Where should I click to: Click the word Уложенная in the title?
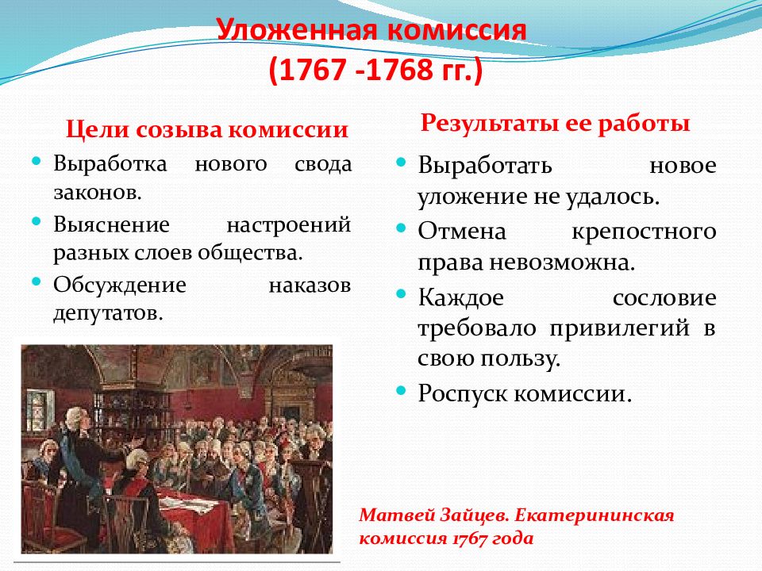(296, 30)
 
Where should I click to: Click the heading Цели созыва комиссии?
(207, 129)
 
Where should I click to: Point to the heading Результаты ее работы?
(555, 124)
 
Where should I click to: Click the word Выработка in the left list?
(110, 163)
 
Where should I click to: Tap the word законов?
(97, 193)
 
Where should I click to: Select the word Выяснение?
(111, 224)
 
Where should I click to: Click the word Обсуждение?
(120, 285)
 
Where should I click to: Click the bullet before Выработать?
(400, 162)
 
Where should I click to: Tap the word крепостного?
(644, 232)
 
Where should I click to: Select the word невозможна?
(562, 263)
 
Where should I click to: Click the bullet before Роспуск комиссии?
(400, 390)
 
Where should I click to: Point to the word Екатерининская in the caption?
(595, 515)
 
